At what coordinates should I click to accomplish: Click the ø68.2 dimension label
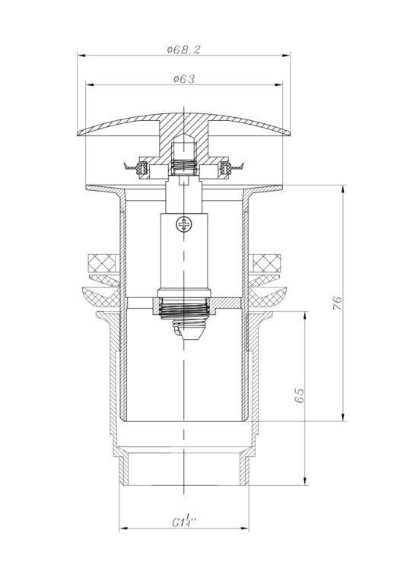click(x=183, y=49)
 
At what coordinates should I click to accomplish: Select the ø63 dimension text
click(x=184, y=79)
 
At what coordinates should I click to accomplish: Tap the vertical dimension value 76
click(x=336, y=303)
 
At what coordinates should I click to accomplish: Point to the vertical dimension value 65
click(x=299, y=395)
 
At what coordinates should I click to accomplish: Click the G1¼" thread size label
click(x=184, y=520)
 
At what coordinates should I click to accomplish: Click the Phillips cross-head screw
click(x=183, y=224)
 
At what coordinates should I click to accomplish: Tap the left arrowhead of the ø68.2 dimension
click(x=81, y=56)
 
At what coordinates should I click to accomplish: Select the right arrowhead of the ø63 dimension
click(x=278, y=85)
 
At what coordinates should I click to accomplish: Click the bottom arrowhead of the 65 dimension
click(x=306, y=481)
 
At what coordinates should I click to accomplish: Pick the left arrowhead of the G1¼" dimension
click(x=124, y=528)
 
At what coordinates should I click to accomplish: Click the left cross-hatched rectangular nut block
click(x=104, y=263)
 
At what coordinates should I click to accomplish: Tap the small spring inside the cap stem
click(x=183, y=166)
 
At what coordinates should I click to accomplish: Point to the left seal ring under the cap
click(x=142, y=167)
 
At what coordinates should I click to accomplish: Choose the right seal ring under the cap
click(x=225, y=167)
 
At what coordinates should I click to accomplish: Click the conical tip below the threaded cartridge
click(x=188, y=332)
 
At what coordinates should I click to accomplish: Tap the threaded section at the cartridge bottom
click(x=183, y=309)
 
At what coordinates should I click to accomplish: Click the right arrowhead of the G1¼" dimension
click(x=245, y=528)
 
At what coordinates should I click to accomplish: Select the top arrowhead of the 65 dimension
click(x=306, y=316)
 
